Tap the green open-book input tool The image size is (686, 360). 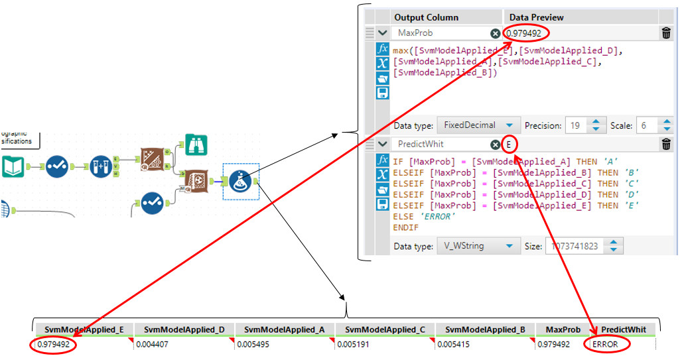coord(13,166)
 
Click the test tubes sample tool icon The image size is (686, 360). coord(101,166)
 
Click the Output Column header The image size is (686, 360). coord(426,17)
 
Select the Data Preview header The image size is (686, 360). coord(537,17)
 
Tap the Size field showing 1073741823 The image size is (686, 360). coord(575,246)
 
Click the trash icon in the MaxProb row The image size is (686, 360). coord(666,33)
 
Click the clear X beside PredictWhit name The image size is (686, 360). coord(496,145)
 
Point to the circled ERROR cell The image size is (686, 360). coord(605,345)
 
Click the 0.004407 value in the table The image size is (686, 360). coord(151,345)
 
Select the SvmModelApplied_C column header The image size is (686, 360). coord(385,330)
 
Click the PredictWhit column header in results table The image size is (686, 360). coord(623,330)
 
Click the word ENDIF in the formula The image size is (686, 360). coord(405,227)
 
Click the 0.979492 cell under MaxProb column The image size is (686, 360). coord(553,345)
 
